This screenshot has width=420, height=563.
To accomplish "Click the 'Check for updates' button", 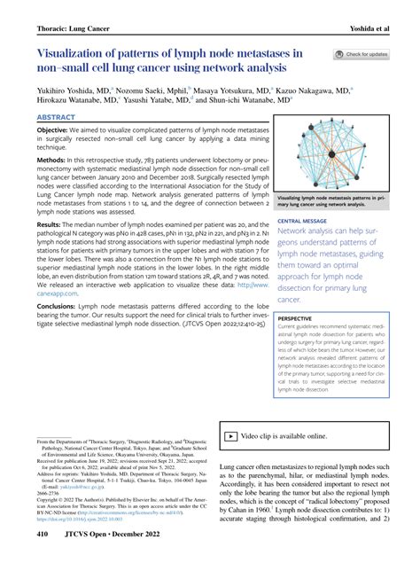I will (361, 55).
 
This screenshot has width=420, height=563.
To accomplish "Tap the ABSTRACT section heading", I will (57, 116).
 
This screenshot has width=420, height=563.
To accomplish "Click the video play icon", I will (229, 437).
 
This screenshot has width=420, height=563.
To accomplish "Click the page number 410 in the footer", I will (43, 536).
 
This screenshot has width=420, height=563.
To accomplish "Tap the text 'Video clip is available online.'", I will (284, 437).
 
